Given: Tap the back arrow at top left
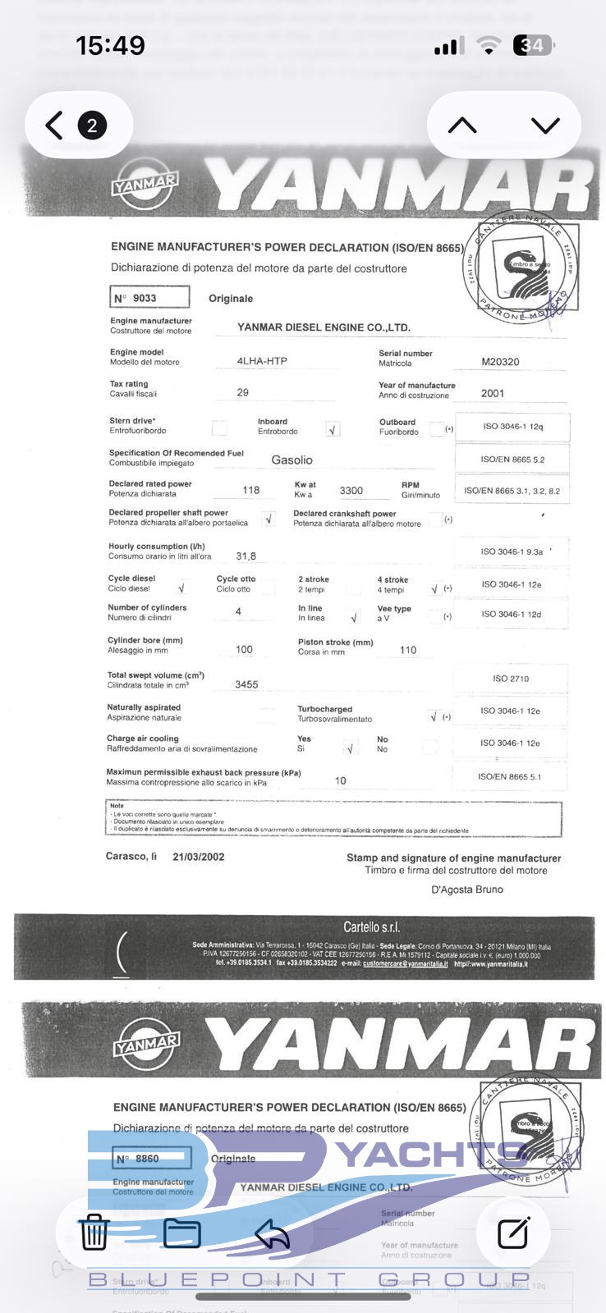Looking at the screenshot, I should (54, 126).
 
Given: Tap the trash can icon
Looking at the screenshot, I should (94, 1232).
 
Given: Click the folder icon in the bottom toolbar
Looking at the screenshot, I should (182, 1232).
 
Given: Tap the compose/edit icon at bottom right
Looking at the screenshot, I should (513, 1232).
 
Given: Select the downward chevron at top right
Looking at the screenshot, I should (545, 126).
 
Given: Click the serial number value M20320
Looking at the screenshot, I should (500, 361).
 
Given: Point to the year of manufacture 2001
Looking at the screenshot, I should (493, 393).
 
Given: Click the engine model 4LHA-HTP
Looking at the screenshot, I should (262, 361).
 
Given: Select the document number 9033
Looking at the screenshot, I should (145, 298).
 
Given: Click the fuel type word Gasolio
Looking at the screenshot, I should (292, 460).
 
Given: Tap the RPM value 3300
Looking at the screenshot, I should (351, 490).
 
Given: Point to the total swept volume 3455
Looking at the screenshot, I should (246, 684).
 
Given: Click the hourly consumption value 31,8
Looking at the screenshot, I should (246, 556).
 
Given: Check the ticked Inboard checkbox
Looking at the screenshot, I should (333, 429).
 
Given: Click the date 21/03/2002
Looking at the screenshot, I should (198, 857).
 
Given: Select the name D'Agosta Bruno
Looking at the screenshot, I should (466, 890).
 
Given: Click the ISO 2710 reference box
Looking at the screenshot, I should (511, 679).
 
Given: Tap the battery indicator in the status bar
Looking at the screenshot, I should (534, 45).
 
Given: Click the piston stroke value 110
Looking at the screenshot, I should (408, 650).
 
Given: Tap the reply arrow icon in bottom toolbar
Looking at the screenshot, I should (272, 1232).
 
